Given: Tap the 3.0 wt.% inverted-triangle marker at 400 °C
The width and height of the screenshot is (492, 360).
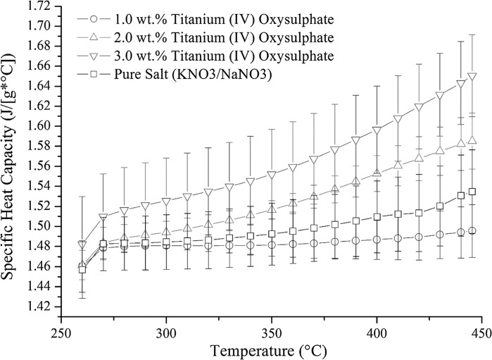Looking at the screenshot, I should (x=377, y=130).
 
